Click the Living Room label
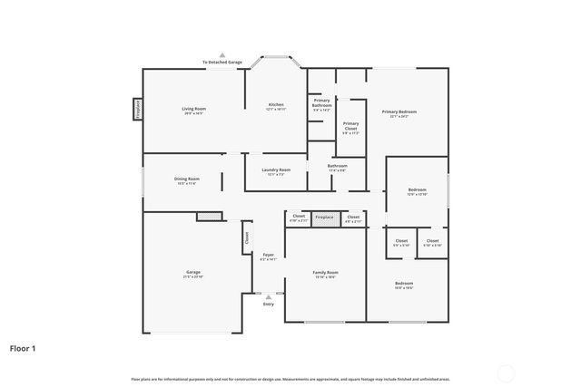click(x=194, y=109)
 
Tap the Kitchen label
click(x=276, y=105)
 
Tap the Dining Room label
click(x=187, y=179)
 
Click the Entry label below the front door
click(x=268, y=304)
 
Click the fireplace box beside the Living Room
click(x=138, y=110)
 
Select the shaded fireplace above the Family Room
click(x=324, y=218)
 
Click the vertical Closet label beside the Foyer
click(x=246, y=237)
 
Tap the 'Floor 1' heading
click(x=24, y=347)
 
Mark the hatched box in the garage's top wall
click(x=209, y=216)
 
